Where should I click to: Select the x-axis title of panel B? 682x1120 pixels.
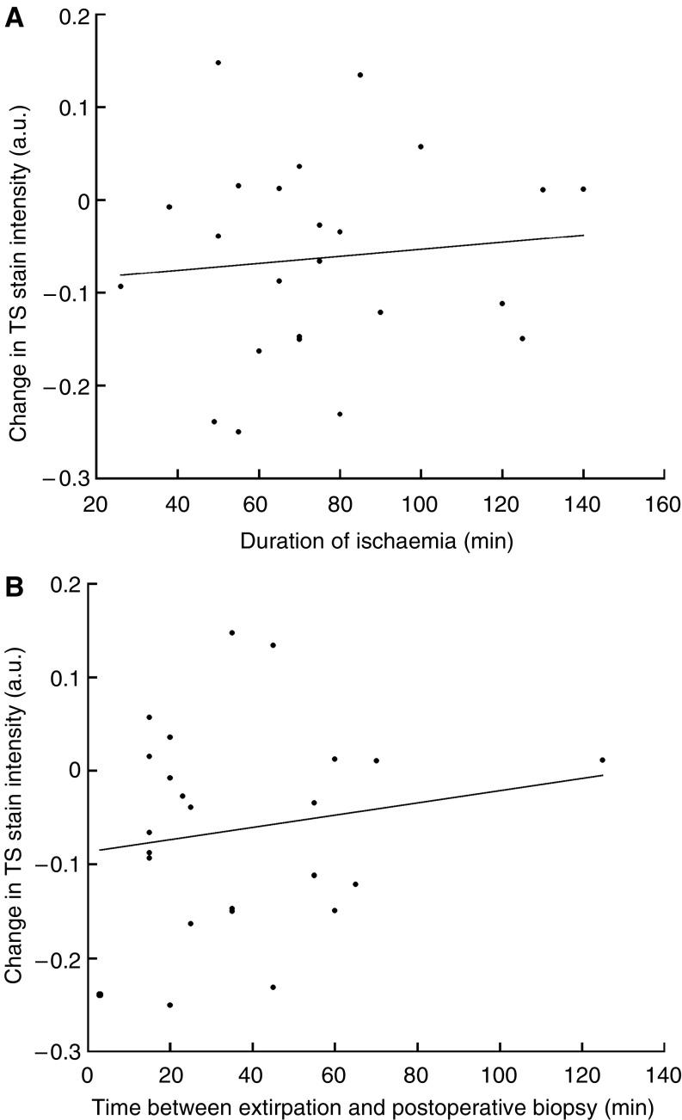376,1105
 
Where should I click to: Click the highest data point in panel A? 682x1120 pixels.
218,63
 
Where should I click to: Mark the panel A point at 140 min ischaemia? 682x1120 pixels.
583,189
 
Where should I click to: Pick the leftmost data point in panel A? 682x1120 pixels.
120,286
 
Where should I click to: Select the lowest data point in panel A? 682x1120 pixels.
238,432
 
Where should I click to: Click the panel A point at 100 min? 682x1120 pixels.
421,146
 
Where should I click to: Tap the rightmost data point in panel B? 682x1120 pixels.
602,760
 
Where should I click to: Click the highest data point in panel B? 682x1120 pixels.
232,633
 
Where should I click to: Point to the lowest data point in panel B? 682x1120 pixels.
170,1005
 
